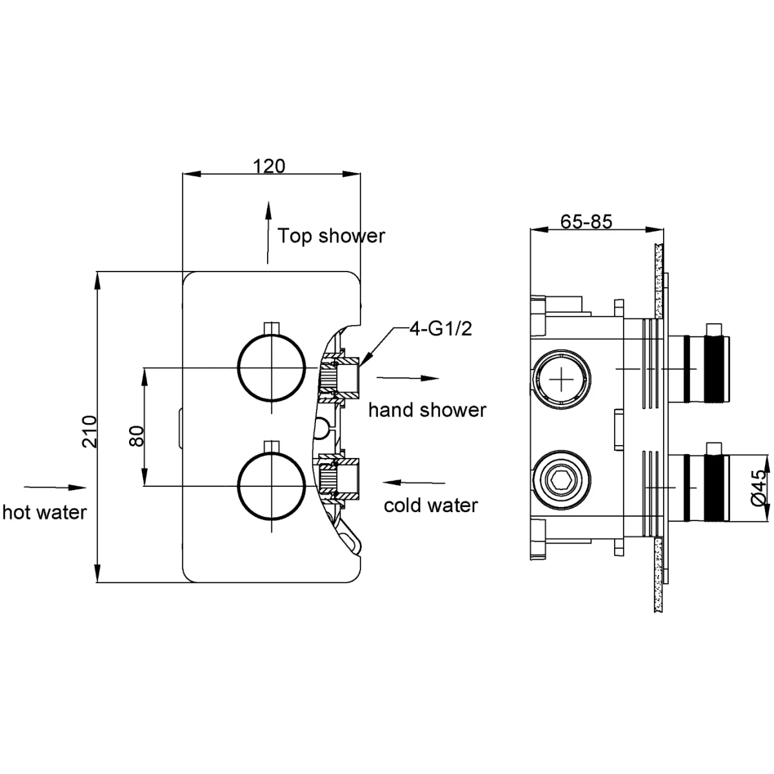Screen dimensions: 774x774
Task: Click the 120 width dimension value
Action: pos(269,166)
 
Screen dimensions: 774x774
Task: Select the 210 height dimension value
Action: pos(90,431)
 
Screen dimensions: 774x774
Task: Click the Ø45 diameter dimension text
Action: pos(759,488)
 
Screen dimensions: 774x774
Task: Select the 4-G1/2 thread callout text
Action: pos(441,330)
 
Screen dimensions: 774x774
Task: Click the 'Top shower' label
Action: pos(331,236)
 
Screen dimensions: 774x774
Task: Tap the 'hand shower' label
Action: pos(427,410)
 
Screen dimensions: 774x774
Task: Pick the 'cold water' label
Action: pos(430,505)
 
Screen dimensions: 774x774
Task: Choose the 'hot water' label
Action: pos(44,512)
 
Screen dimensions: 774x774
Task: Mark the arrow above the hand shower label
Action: pos(407,379)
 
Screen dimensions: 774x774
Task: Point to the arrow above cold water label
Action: pos(413,482)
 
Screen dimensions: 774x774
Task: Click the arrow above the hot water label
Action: pos(55,488)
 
